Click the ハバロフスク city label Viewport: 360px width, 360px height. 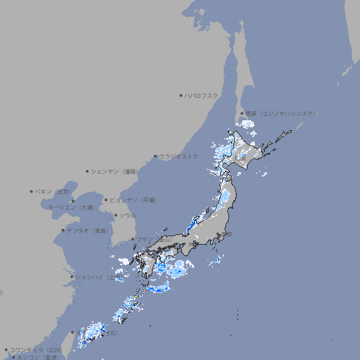(202, 95)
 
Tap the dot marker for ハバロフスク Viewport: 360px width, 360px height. (181, 95)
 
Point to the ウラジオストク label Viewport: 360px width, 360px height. (179, 156)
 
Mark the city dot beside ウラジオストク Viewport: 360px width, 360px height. (155, 156)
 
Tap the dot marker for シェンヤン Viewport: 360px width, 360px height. (88, 171)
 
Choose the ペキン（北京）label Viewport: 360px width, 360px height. (55, 191)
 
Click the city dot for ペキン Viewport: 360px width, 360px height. (32, 191)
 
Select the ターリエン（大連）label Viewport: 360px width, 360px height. (71, 207)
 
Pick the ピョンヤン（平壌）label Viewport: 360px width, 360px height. (134, 200)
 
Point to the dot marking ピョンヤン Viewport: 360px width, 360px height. (107, 200)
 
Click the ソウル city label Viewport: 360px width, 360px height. (127, 215)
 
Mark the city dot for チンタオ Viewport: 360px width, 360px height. (63, 231)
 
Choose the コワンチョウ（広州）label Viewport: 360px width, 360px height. (36, 349)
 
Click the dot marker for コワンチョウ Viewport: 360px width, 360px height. (6, 349)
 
